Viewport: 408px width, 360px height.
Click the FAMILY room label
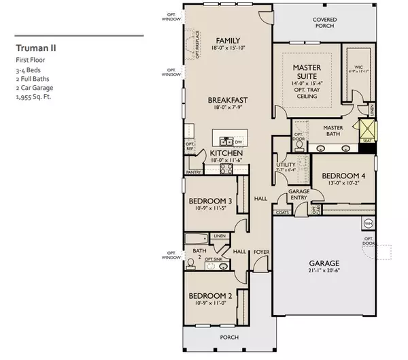click(x=226, y=40)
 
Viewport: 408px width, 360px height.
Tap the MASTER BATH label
click(x=333, y=127)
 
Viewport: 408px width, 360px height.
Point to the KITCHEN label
click(x=226, y=154)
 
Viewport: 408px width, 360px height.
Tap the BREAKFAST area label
click(x=227, y=99)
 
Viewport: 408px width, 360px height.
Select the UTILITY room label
click(x=284, y=165)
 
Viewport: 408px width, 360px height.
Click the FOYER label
click(x=261, y=250)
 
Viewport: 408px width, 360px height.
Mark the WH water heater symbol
click(x=369, y=223)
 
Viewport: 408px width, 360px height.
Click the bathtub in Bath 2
click(x=197, y=240)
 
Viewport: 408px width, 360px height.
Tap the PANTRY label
click(x=193, y=173)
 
